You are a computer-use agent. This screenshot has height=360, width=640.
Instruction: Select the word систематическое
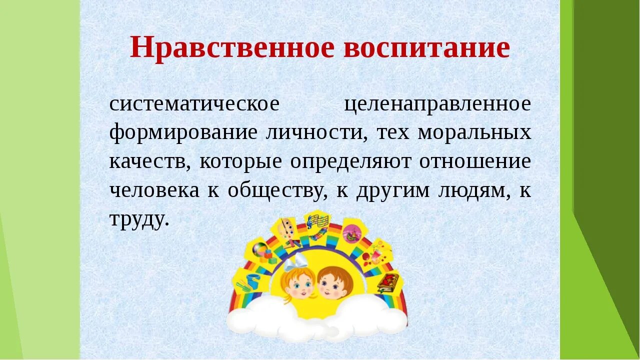pyautogui.click(x=194, y=104)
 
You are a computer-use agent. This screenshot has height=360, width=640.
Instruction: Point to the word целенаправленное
pyautogui.click(x=438, y=104)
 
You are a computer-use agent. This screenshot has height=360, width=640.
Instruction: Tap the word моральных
pyautogui.click(x=474, y=133)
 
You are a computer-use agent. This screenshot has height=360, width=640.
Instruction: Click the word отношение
pyautogui.click(x=475, y=162)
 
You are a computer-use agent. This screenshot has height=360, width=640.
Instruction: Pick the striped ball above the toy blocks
pyautogui.click(x=259, y=249)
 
